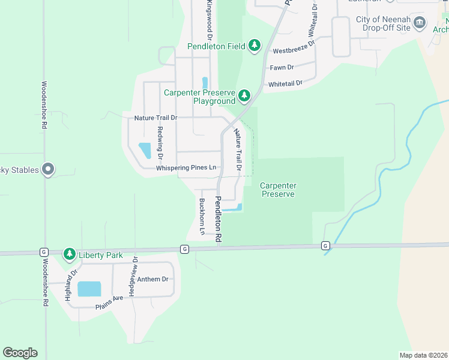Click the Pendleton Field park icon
pyautogui.click(x=255, y=46)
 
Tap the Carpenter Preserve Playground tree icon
pyautogui.click(x=244, y=95)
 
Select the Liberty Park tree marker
pyautogui.click(x=70, y=255)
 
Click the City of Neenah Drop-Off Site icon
pyautogui.click(x=420, y=24)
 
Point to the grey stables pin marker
pyautogui.click(x=49, y=170)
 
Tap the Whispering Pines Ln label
pyautogui.click(x=185, y=168)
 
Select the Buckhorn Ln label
pyautogui.click(x=202, y=216)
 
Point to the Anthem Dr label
pyautogui.click(x=152, y=279)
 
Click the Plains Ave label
pyautogui.click(x=109, y=303)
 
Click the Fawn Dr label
pyautogui.click(x=282, y=68)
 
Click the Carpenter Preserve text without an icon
pyautogui.click(x=277, y=190)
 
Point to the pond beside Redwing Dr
pyautogui.click(x=145, y=150)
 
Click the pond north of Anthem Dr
pyautogui.click(x=89, y=289)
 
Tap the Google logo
pyautogui.click(x=20, y=353)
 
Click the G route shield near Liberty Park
pyautogui.click(x=44, y=251)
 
